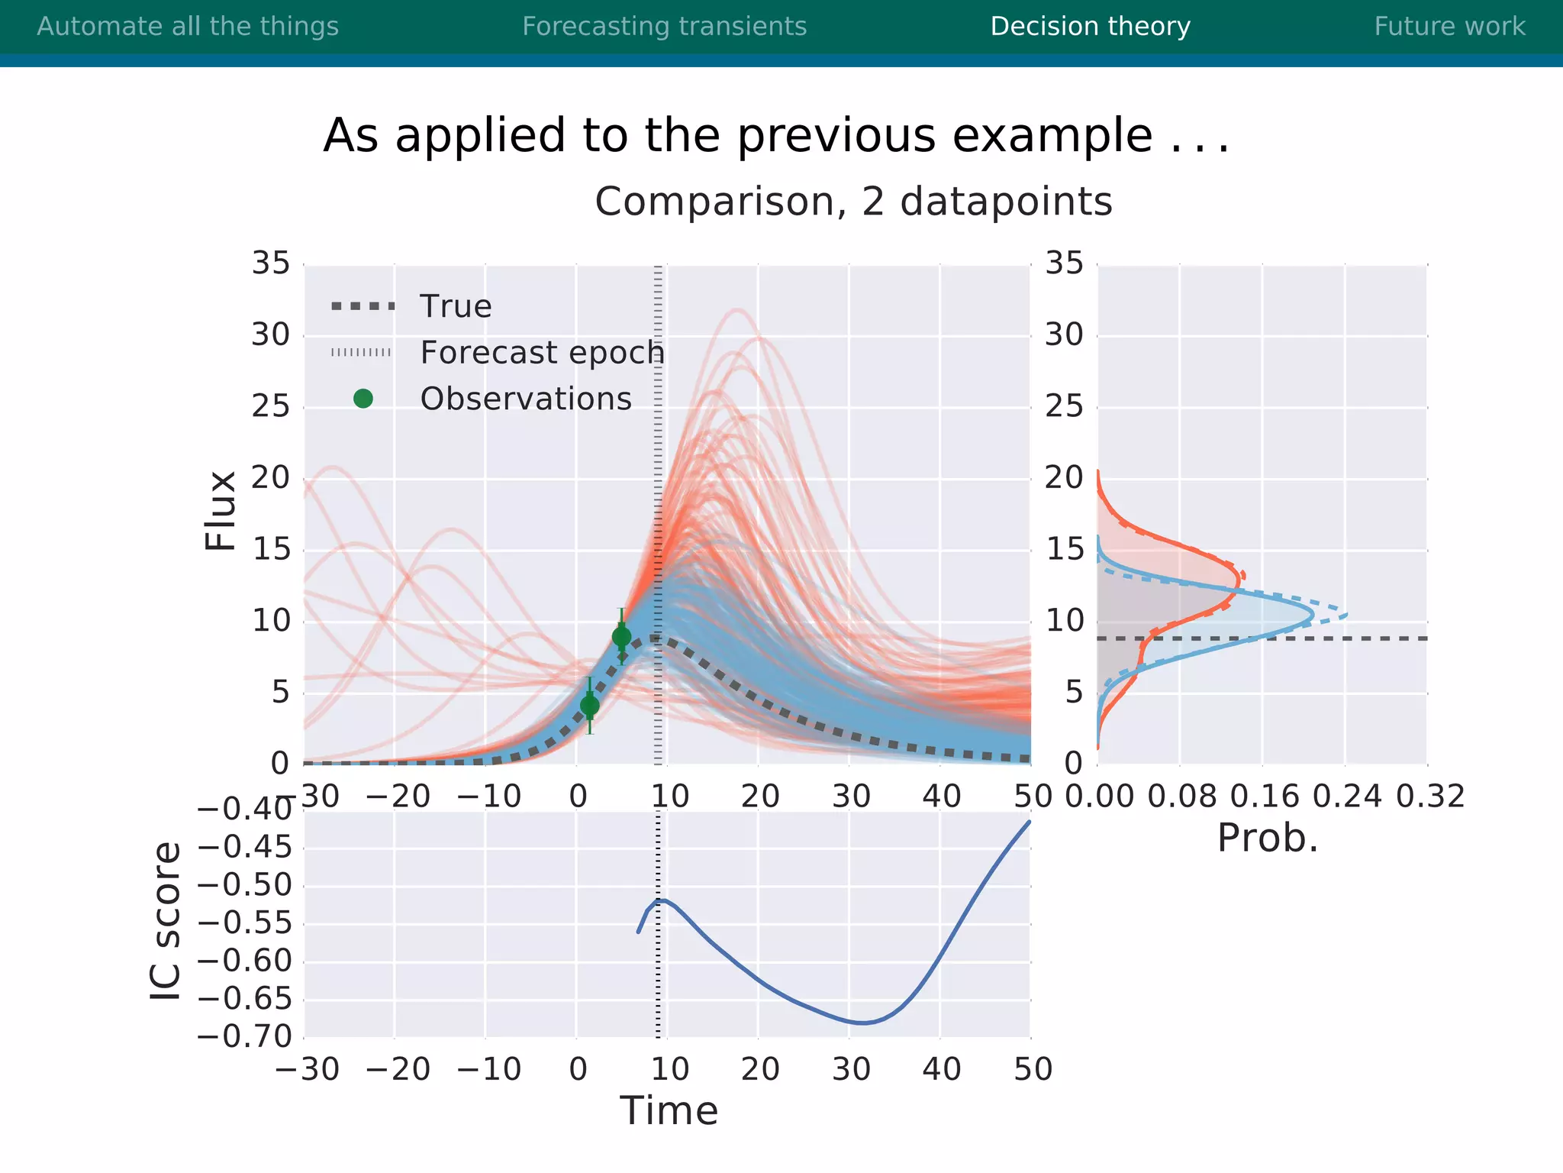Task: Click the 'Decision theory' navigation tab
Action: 1090,27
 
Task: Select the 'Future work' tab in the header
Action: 1449,27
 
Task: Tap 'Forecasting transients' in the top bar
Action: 664,27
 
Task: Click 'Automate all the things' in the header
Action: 188,27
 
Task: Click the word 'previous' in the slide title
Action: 837,136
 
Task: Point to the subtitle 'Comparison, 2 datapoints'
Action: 853,202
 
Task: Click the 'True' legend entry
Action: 456,306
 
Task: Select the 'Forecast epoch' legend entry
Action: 542,353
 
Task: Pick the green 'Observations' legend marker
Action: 363,399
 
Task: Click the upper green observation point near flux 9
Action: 621,636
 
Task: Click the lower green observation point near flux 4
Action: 589,706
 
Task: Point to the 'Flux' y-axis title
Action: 221,510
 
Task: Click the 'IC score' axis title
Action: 166,921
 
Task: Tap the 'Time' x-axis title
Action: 669,1110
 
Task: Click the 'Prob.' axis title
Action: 1267,839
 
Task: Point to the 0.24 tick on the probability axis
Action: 1347,797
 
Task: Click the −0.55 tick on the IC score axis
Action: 244,923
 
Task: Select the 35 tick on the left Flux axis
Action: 271,263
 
